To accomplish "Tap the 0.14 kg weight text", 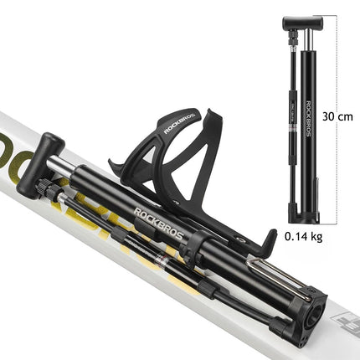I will (x=303, y=236).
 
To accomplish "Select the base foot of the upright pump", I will (x=305, y=219).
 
